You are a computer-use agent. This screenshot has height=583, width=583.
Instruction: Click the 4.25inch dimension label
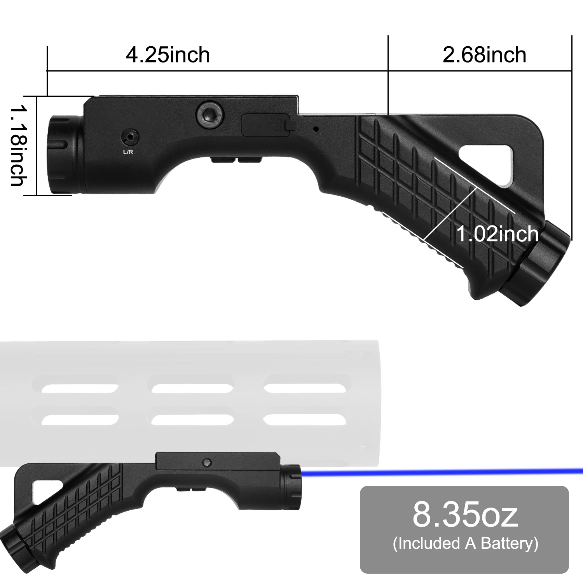coord(168,55)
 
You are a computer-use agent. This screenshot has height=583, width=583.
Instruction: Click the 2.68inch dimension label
coord(484,55)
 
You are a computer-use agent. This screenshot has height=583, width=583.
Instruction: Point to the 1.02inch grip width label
coord(497,234)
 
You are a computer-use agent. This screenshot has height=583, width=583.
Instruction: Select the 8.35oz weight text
coord(465,514)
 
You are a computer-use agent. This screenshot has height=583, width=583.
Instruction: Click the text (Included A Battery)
coord(465,543)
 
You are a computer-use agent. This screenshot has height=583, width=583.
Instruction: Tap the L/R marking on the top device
coord(128,152)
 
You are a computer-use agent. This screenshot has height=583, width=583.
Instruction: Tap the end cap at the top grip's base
coord(540,264)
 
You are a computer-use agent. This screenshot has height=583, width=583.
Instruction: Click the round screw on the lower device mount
coord(207,462)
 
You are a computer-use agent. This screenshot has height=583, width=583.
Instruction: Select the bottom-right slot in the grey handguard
coord(305,420)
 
